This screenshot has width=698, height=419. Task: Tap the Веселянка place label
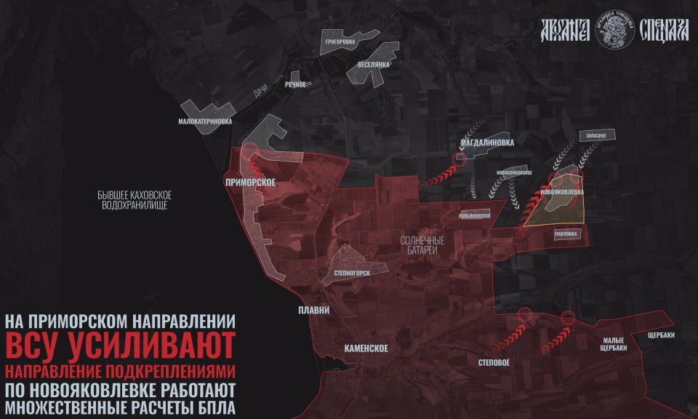tap(374, 64)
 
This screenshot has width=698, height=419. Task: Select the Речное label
tap(296, 85)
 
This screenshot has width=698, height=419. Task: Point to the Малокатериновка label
tap(205, 121)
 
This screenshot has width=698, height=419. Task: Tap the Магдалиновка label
tap(486, 143)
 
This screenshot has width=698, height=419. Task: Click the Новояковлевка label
tap(562, 192)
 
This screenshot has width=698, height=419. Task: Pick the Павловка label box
tap(566, 234)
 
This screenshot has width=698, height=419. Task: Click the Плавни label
tap(314, 311)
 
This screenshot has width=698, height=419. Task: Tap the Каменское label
tap(365, 348)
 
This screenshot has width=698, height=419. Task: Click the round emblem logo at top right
tap(614, 30)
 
